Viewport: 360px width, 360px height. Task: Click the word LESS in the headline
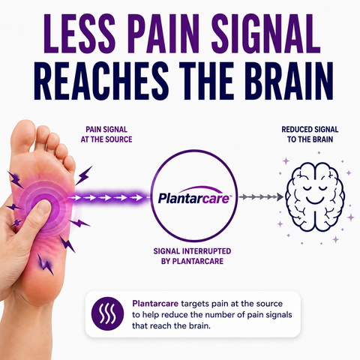(79, 34)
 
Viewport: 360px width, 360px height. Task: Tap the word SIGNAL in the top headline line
(265, 34)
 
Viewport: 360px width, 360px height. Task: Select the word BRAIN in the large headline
(289, 80)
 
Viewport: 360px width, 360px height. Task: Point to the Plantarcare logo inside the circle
(194, 196)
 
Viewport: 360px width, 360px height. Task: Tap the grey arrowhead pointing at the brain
(280, 197)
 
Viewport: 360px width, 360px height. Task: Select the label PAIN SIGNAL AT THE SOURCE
(106, 134)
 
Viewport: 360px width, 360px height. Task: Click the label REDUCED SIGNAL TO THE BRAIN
(310, 134)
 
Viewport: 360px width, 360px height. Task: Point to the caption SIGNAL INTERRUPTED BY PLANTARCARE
(192, 256)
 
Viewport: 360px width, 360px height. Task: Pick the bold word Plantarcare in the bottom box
(155, 304)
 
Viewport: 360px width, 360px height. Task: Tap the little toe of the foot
(70, 164)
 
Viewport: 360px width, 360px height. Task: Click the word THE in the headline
(207, 80)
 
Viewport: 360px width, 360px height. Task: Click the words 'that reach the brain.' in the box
(171, 326)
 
